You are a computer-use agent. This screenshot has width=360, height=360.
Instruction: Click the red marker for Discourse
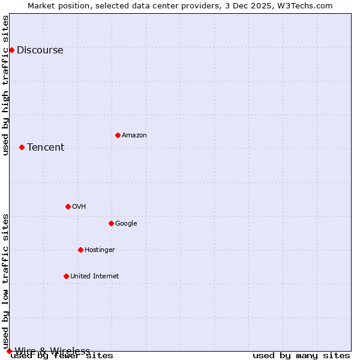(11, 50)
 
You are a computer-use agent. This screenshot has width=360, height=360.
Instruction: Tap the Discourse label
(40, 50)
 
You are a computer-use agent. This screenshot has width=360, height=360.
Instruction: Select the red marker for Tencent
(22, 147)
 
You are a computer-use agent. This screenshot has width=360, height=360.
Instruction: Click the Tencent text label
(46, 148)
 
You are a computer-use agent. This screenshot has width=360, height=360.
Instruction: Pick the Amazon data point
(118, 135)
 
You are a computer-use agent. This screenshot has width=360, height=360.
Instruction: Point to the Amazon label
(134, 136)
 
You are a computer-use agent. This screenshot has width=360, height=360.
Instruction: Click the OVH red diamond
(68, 206)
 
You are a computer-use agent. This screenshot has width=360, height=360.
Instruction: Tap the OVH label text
(79, 207)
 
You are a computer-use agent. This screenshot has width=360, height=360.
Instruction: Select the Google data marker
(111, 223)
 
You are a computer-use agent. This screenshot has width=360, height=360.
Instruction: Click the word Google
(126, 224)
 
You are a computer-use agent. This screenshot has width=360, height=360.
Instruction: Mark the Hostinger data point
(80, 250)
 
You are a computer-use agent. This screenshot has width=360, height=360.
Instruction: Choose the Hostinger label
(100, 250)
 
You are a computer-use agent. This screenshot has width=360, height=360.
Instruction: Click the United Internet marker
(66, 276)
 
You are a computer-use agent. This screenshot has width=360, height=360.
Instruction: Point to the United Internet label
(95, 277)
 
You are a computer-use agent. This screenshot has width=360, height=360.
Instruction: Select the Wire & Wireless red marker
(9, 351)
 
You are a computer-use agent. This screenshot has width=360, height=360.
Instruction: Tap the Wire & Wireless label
(52, 351)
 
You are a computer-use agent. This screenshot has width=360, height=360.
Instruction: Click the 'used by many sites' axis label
(301, 356)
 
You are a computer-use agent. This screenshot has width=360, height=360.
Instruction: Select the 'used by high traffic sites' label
(6, 85)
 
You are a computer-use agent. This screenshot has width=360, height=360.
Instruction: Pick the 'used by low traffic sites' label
(6, 281)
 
